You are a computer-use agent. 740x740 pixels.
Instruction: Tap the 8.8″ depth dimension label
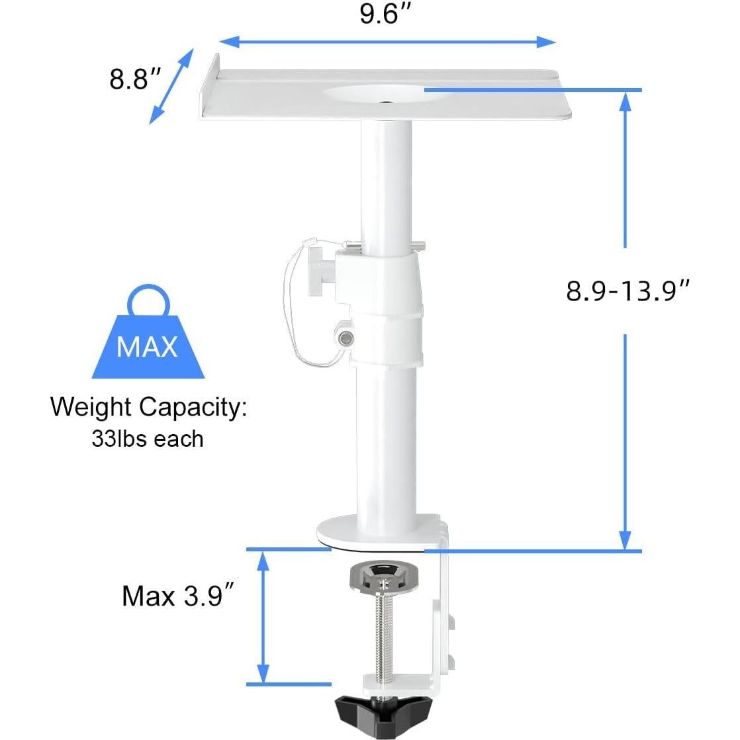click(x=136, y=79)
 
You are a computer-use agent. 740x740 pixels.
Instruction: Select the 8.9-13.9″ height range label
click(x=628, y=290)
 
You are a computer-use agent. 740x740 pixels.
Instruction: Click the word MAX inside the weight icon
click(x=147, y=346)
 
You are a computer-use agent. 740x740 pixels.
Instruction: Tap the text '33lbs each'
click(x=148, y=438)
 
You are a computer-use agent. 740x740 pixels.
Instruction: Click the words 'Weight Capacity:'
click(x=148, y=406)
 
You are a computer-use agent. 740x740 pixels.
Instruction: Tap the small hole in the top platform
click(x=385, y=103)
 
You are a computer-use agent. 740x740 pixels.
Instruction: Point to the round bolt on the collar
click(x=344, y=337)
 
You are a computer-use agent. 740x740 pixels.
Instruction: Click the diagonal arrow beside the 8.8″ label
click(x=171, y=85)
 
